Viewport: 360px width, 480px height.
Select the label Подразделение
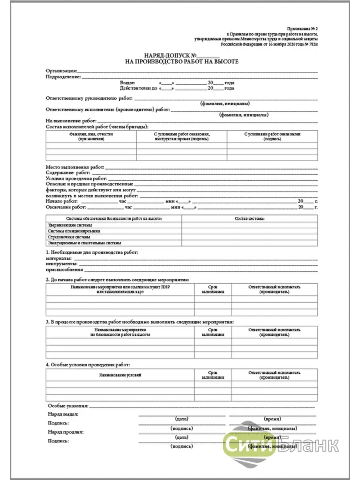click(64, 76)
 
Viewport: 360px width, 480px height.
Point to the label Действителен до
click(135, 88)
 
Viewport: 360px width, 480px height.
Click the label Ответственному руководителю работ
click(89, 98)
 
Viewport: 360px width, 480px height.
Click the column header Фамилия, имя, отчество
click(91, 134)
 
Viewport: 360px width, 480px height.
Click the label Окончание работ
click(65, 207)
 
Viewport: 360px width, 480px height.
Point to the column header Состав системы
click(250, 219)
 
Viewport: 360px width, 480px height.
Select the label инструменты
click(61, 264)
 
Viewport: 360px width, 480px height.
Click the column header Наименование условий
click(120, 375)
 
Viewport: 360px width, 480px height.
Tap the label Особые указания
click(67, 406)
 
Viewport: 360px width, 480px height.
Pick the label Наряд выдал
click(63, 414)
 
